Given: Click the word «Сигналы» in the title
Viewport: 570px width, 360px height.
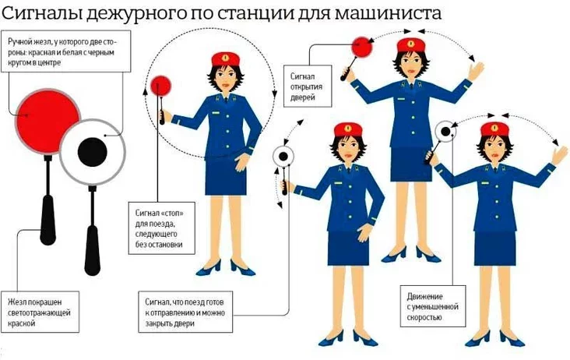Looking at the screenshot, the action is pyautogui.click(x=44, y=13).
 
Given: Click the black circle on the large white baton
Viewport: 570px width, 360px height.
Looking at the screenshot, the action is pyautogui.click(x=93, y=153).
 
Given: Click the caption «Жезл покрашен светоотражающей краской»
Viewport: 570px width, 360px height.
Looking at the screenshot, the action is pyautogui.click(x=39, y=312).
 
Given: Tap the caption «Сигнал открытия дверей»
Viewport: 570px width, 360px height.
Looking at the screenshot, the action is pyautogui.click(x=306, y=86).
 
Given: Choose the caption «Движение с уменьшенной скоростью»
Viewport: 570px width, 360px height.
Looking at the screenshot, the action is pyautogui.click(x=433, y=306).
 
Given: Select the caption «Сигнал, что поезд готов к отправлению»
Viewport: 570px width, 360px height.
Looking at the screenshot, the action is pyautogui.click(x=185, y=312).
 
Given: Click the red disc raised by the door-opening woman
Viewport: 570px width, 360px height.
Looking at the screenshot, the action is pyautogui.click(x=362, y=47).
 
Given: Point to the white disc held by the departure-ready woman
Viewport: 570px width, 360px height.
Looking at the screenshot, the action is pyautogui.click(x=283, y=157).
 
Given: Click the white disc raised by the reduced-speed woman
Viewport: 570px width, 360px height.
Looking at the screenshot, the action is pyautogui.click(x=445, y=131).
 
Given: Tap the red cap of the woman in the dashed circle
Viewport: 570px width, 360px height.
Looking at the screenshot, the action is pyautogui.click(x=225, y=58).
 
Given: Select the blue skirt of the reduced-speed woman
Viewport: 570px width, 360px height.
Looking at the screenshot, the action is pyautogui.click(x=494, y=247).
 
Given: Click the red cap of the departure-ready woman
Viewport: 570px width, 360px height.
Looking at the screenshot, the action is pyautogui.click(x=348, y=129).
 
